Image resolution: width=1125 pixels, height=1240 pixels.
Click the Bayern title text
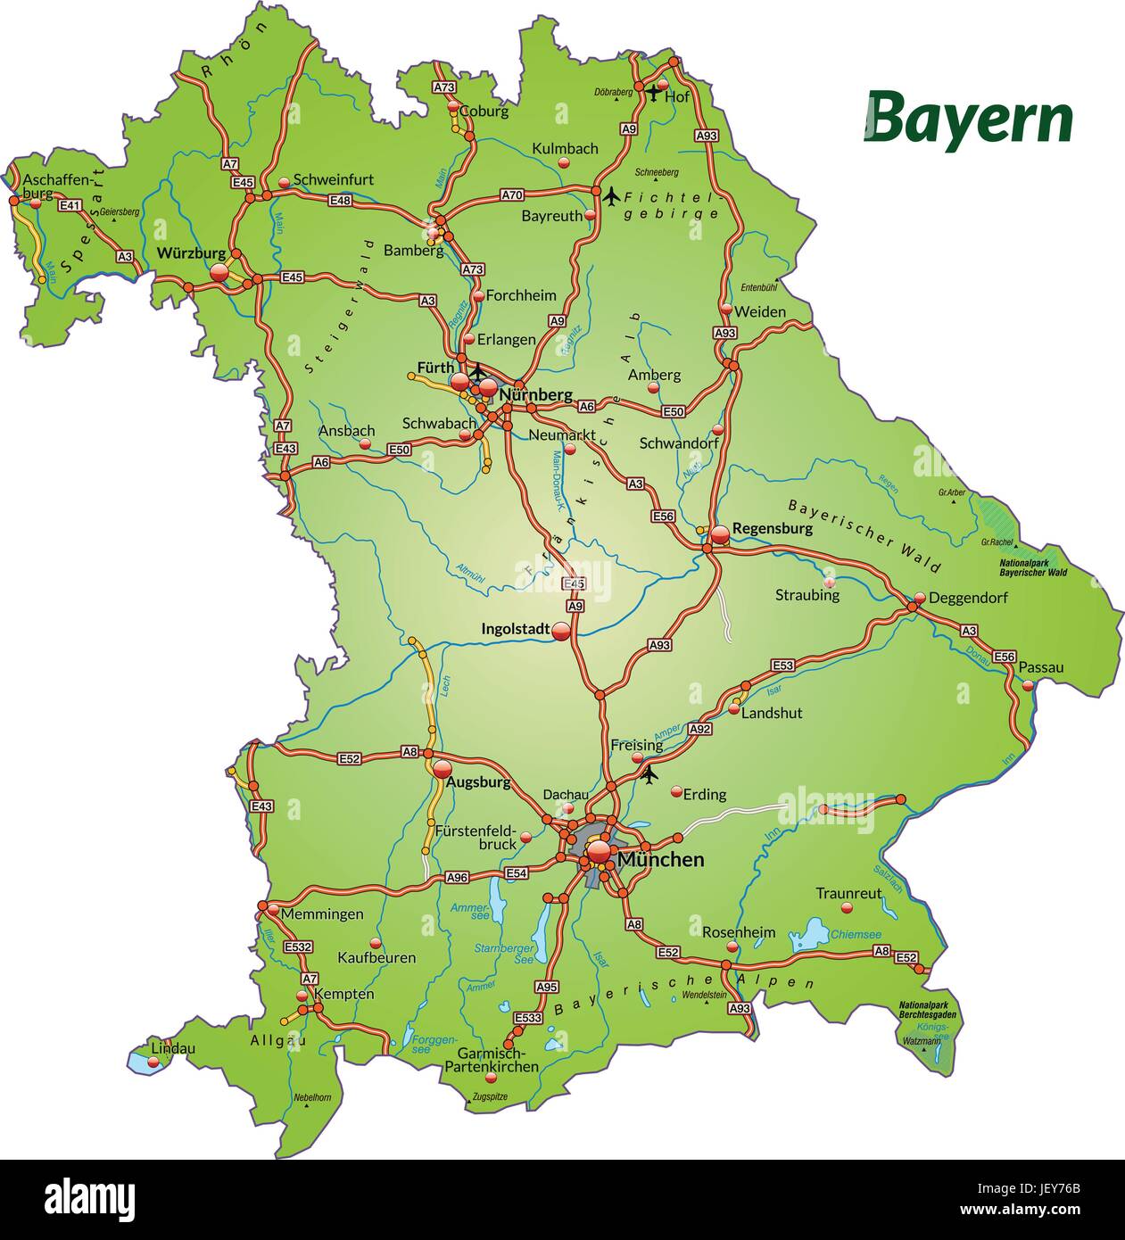[969, 120]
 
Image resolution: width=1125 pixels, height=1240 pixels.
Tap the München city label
[660, 860]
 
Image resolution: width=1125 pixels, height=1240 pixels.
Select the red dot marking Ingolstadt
[561, 631]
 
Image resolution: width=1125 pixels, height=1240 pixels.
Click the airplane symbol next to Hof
[654, 92]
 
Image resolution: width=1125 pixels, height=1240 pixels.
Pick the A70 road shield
[512, 194]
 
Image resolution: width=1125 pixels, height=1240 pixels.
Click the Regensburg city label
[773, 528]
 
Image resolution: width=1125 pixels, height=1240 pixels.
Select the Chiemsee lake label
[856, 934]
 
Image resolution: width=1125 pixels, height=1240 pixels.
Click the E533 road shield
[528, 1018]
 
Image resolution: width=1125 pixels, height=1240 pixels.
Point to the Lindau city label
[173, 1049]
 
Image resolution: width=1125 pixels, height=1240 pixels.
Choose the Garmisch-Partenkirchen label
[492, 1059]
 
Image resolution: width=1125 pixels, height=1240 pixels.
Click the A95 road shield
[546, 987]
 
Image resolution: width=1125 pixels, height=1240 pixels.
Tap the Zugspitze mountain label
[491, 1095]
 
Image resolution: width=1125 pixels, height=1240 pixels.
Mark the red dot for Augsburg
[443, 768]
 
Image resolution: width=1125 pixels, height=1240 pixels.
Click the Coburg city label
[484, 112]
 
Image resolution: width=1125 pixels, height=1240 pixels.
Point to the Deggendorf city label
[968, 598]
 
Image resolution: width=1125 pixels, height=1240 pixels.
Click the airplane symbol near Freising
[649, 774]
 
